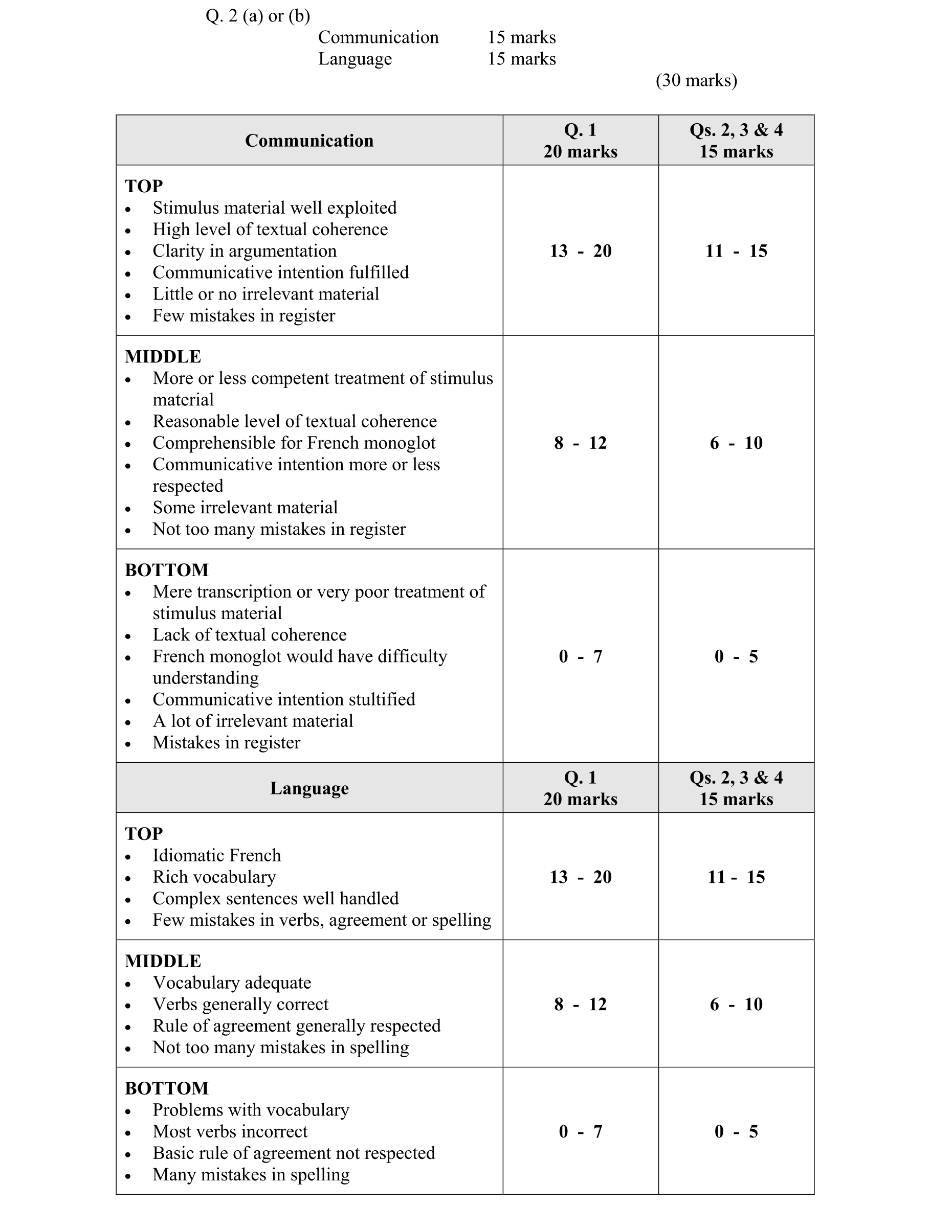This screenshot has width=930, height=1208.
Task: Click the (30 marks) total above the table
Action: (696, 81)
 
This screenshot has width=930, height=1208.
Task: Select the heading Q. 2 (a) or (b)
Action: (257, 16)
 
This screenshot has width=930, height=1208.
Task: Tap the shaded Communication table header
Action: (309, 141)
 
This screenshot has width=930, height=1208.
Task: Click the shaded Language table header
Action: (309, 788)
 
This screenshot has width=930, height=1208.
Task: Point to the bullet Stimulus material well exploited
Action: (275, 208)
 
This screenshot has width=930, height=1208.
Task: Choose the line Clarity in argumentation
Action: (244, 251)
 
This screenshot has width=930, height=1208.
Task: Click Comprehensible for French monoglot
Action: (294, 443)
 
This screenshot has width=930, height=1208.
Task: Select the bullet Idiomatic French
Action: (216, 856)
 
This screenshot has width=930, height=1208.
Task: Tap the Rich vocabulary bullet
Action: (214, 877)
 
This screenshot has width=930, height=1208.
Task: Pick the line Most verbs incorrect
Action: (230, 1132)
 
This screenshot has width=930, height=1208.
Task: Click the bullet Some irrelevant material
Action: (245, 508)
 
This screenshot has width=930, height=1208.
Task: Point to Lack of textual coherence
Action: (249, 635)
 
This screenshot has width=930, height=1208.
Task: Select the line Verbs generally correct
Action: (240, 1005)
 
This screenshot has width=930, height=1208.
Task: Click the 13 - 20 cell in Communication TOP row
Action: (580, 251)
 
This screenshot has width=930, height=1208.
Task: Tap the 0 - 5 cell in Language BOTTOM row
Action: (736, 1132)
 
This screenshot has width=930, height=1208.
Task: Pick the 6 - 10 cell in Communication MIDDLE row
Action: (736, 443)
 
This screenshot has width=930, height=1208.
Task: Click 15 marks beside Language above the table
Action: (521, 59)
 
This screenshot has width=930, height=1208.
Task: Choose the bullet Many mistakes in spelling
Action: (251, 1175)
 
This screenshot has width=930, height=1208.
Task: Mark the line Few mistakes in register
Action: (243, 316)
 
